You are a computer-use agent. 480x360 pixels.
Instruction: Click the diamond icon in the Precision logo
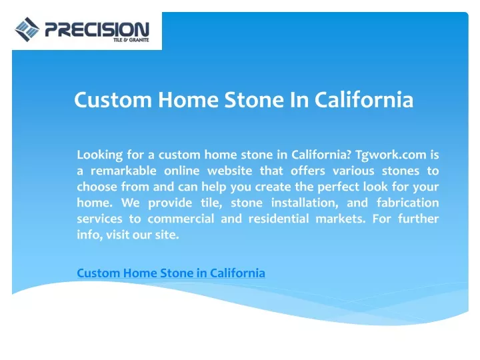click(x=27, y=29)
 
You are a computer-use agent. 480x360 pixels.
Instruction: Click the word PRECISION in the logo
click(x=97, y=29)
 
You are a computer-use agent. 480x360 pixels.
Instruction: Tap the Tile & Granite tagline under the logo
click(x=131, y=40)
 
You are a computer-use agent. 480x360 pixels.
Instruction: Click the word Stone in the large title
click(x=254, y=99)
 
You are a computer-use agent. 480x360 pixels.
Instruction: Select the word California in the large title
click(x=364, y=99)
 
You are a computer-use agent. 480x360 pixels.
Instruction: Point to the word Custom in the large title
click(x=113, y=99)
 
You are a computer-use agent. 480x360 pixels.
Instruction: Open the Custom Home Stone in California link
click(x=171, y=273)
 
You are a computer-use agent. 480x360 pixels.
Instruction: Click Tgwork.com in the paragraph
click(x=391, y=155)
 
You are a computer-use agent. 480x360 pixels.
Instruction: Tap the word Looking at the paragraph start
click(x=100, y=155)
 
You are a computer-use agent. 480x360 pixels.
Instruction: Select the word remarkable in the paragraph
click(x=123, y=171)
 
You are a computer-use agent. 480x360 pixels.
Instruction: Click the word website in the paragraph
click(x=230, y=171)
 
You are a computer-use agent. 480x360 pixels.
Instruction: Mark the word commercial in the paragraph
click(x=181, y=219)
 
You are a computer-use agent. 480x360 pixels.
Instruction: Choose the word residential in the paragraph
click(x=279, y=219)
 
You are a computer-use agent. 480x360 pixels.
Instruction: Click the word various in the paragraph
click(x=353, y=171)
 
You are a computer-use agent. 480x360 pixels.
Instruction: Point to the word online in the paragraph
click(x=182, y=171)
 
